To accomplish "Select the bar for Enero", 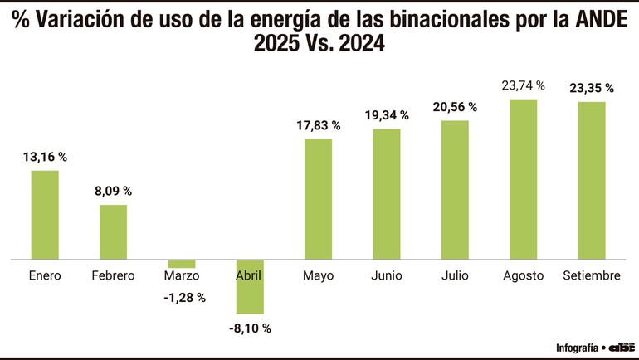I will tap(45, 215).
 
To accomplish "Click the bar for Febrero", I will tap(114, 232).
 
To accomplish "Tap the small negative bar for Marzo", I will tap(181, 264).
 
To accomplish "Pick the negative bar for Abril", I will tap(250, 286).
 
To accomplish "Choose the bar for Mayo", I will tap(319, 199).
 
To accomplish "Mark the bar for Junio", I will tap(387, 194).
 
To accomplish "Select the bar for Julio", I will tap(455, 190).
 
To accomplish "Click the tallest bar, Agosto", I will tap(523, 179).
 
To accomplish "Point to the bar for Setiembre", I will tap(592, 181).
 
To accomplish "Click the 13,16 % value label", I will tap(45, 156).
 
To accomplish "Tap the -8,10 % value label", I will tap(250, 328).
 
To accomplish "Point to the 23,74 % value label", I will tap(523, 85).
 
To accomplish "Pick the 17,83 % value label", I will tap(319, 125).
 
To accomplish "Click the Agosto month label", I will tap(523, 275).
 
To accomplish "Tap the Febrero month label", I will tap(114, 275).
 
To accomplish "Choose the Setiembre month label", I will tap(592, 275).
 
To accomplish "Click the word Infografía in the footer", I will tap(577, 348).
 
